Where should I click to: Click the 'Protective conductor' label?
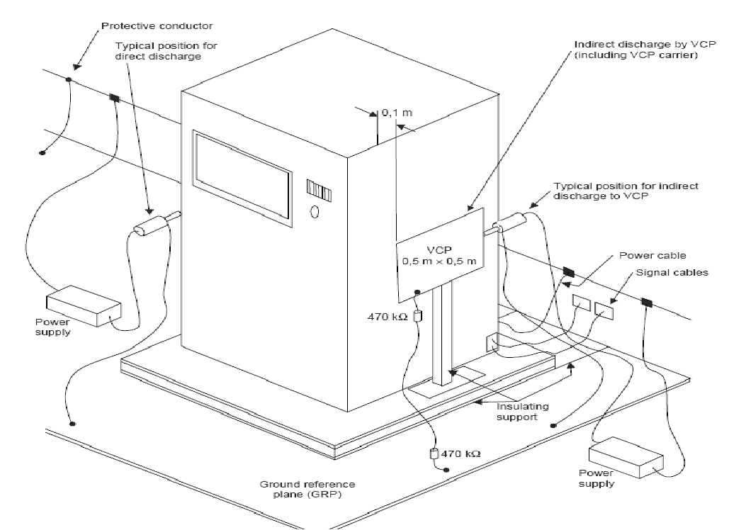coord(157,26)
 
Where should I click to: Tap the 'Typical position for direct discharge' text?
coord(166,51)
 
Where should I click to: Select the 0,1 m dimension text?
coord(397,113)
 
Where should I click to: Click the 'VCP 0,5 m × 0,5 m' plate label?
coord(439,256)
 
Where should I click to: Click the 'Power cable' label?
coord(652,256)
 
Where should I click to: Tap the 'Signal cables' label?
coord(672,273)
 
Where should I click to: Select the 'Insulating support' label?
coord(522,412)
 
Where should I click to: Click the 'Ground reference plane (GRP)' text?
coord(307,489)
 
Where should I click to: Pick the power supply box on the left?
coord(84,306)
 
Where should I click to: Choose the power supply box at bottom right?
coord(626,457)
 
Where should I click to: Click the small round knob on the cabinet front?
coord(315,211)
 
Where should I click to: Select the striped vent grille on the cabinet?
coord(320,191)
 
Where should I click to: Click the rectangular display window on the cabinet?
coord(242,179)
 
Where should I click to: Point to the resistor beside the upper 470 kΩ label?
coord(418,315)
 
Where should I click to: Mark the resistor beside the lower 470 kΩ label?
coord(434,454)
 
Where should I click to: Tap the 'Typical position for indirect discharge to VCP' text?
coord(626,191)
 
